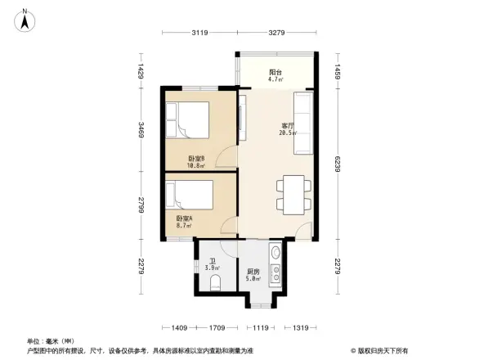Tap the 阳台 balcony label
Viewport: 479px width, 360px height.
[276, 73]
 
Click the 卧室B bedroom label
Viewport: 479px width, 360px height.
[196, 159]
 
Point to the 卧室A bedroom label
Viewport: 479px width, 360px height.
[185, 218]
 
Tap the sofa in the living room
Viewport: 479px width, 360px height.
[302, 123]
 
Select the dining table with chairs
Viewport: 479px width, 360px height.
[292, 194]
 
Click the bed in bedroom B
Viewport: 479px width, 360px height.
[191, 121]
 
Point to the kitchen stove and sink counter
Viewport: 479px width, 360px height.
[276, 264]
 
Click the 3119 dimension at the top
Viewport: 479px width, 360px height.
[199, 33]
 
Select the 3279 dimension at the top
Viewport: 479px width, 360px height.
[276, 33]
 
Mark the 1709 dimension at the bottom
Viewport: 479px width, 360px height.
[217, 328]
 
